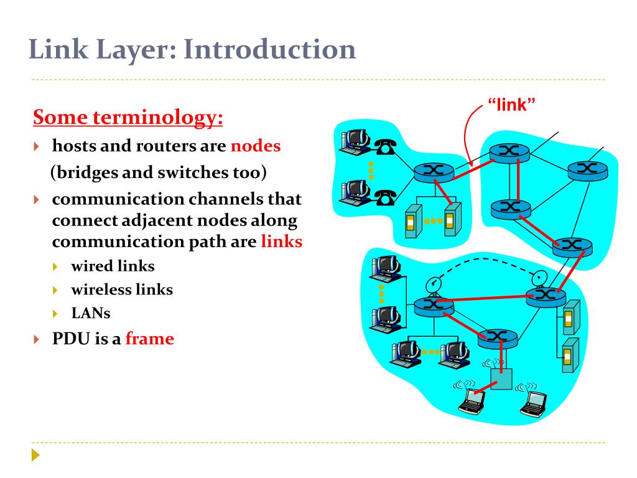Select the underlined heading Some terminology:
click(128, 117)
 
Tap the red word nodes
click(256, 146)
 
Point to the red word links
click(281, 241)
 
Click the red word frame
click(149, 339)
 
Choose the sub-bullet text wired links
click(113, 266)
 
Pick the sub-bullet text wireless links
click(122, 289)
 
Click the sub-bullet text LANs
click(91, 313)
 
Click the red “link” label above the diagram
click(511, 105)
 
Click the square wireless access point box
click(501, 378)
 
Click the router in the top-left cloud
click(429, 171)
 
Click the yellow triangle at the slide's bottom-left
click(35, 456)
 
